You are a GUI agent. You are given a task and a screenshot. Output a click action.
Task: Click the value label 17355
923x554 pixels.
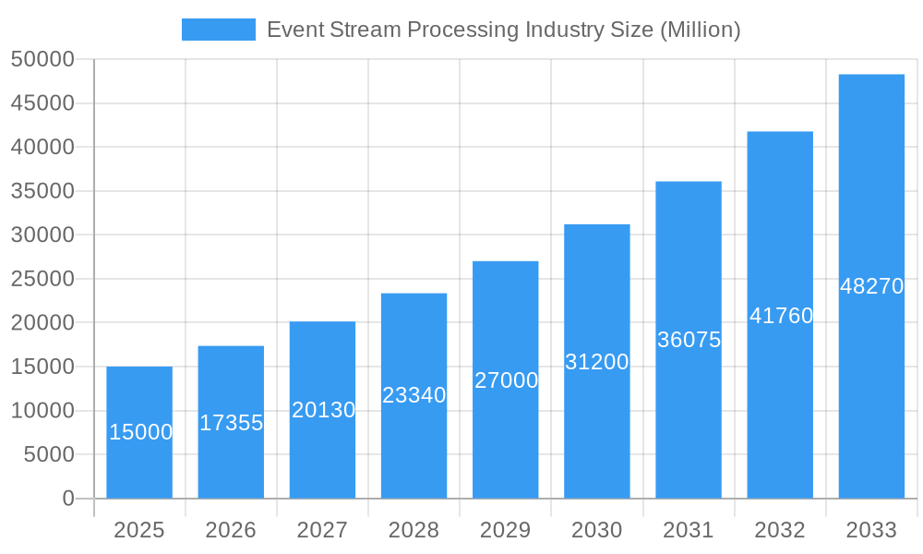pos(232,423)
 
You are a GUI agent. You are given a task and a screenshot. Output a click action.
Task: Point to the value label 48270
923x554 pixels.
pos(871,286)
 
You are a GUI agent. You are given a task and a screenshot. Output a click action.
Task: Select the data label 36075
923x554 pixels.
pos(689,340)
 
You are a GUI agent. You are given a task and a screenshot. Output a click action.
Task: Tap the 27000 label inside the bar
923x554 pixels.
pos(506,380)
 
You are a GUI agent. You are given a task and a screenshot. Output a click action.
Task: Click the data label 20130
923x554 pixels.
pos(323,410)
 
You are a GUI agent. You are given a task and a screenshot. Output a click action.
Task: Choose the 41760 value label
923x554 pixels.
pos(781,316)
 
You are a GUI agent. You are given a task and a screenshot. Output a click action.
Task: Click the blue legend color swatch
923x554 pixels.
pos(219,30)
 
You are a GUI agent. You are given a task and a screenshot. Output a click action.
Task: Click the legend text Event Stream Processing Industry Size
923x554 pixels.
pos(503,30)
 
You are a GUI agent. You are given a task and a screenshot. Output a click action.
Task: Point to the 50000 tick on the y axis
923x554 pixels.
pos(42,59)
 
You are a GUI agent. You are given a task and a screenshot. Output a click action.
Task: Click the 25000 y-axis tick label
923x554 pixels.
pos(42,279)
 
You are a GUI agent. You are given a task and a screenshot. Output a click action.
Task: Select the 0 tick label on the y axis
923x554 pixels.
pos(67,499)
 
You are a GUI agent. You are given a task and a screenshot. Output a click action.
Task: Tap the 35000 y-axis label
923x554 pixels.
pos(42,191)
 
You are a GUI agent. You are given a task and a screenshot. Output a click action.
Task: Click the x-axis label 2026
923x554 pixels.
pos(231,530)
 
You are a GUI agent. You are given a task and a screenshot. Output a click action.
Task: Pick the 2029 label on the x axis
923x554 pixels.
pos(506,530)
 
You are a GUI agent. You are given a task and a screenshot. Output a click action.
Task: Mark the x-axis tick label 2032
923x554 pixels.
pos(780,530)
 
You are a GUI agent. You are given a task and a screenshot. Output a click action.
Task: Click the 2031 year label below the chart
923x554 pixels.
pos(689,530)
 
